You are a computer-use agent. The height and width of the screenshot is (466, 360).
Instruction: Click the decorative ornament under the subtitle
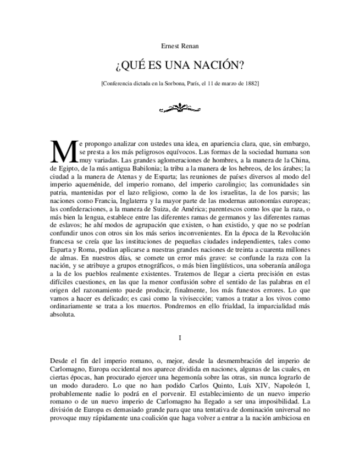180,106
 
